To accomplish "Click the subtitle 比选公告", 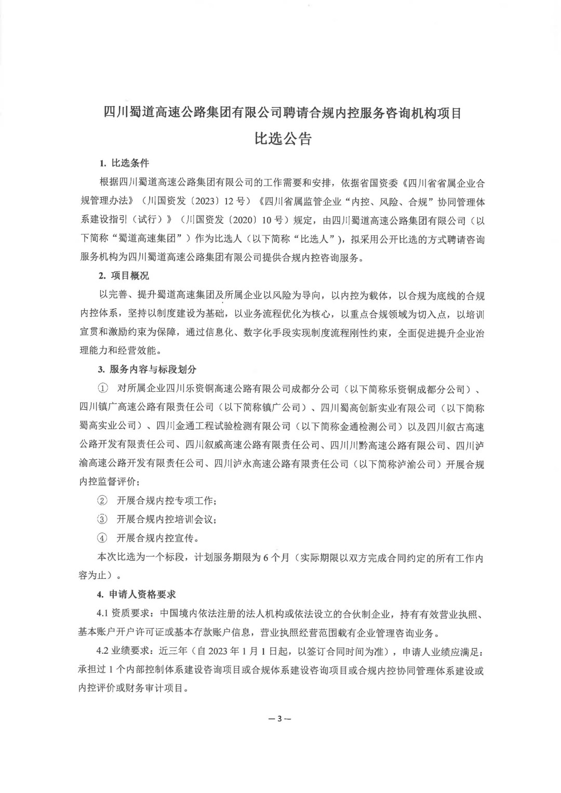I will (283, 139).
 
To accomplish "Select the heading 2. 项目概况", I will (124, 275).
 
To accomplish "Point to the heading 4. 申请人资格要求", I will (137, 594).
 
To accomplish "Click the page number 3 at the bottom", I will (279, 719).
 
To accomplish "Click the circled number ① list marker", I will (103, 388).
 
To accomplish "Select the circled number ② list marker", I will (103, 500).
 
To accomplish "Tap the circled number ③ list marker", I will (103, 519).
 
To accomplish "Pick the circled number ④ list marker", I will (103, 537).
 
